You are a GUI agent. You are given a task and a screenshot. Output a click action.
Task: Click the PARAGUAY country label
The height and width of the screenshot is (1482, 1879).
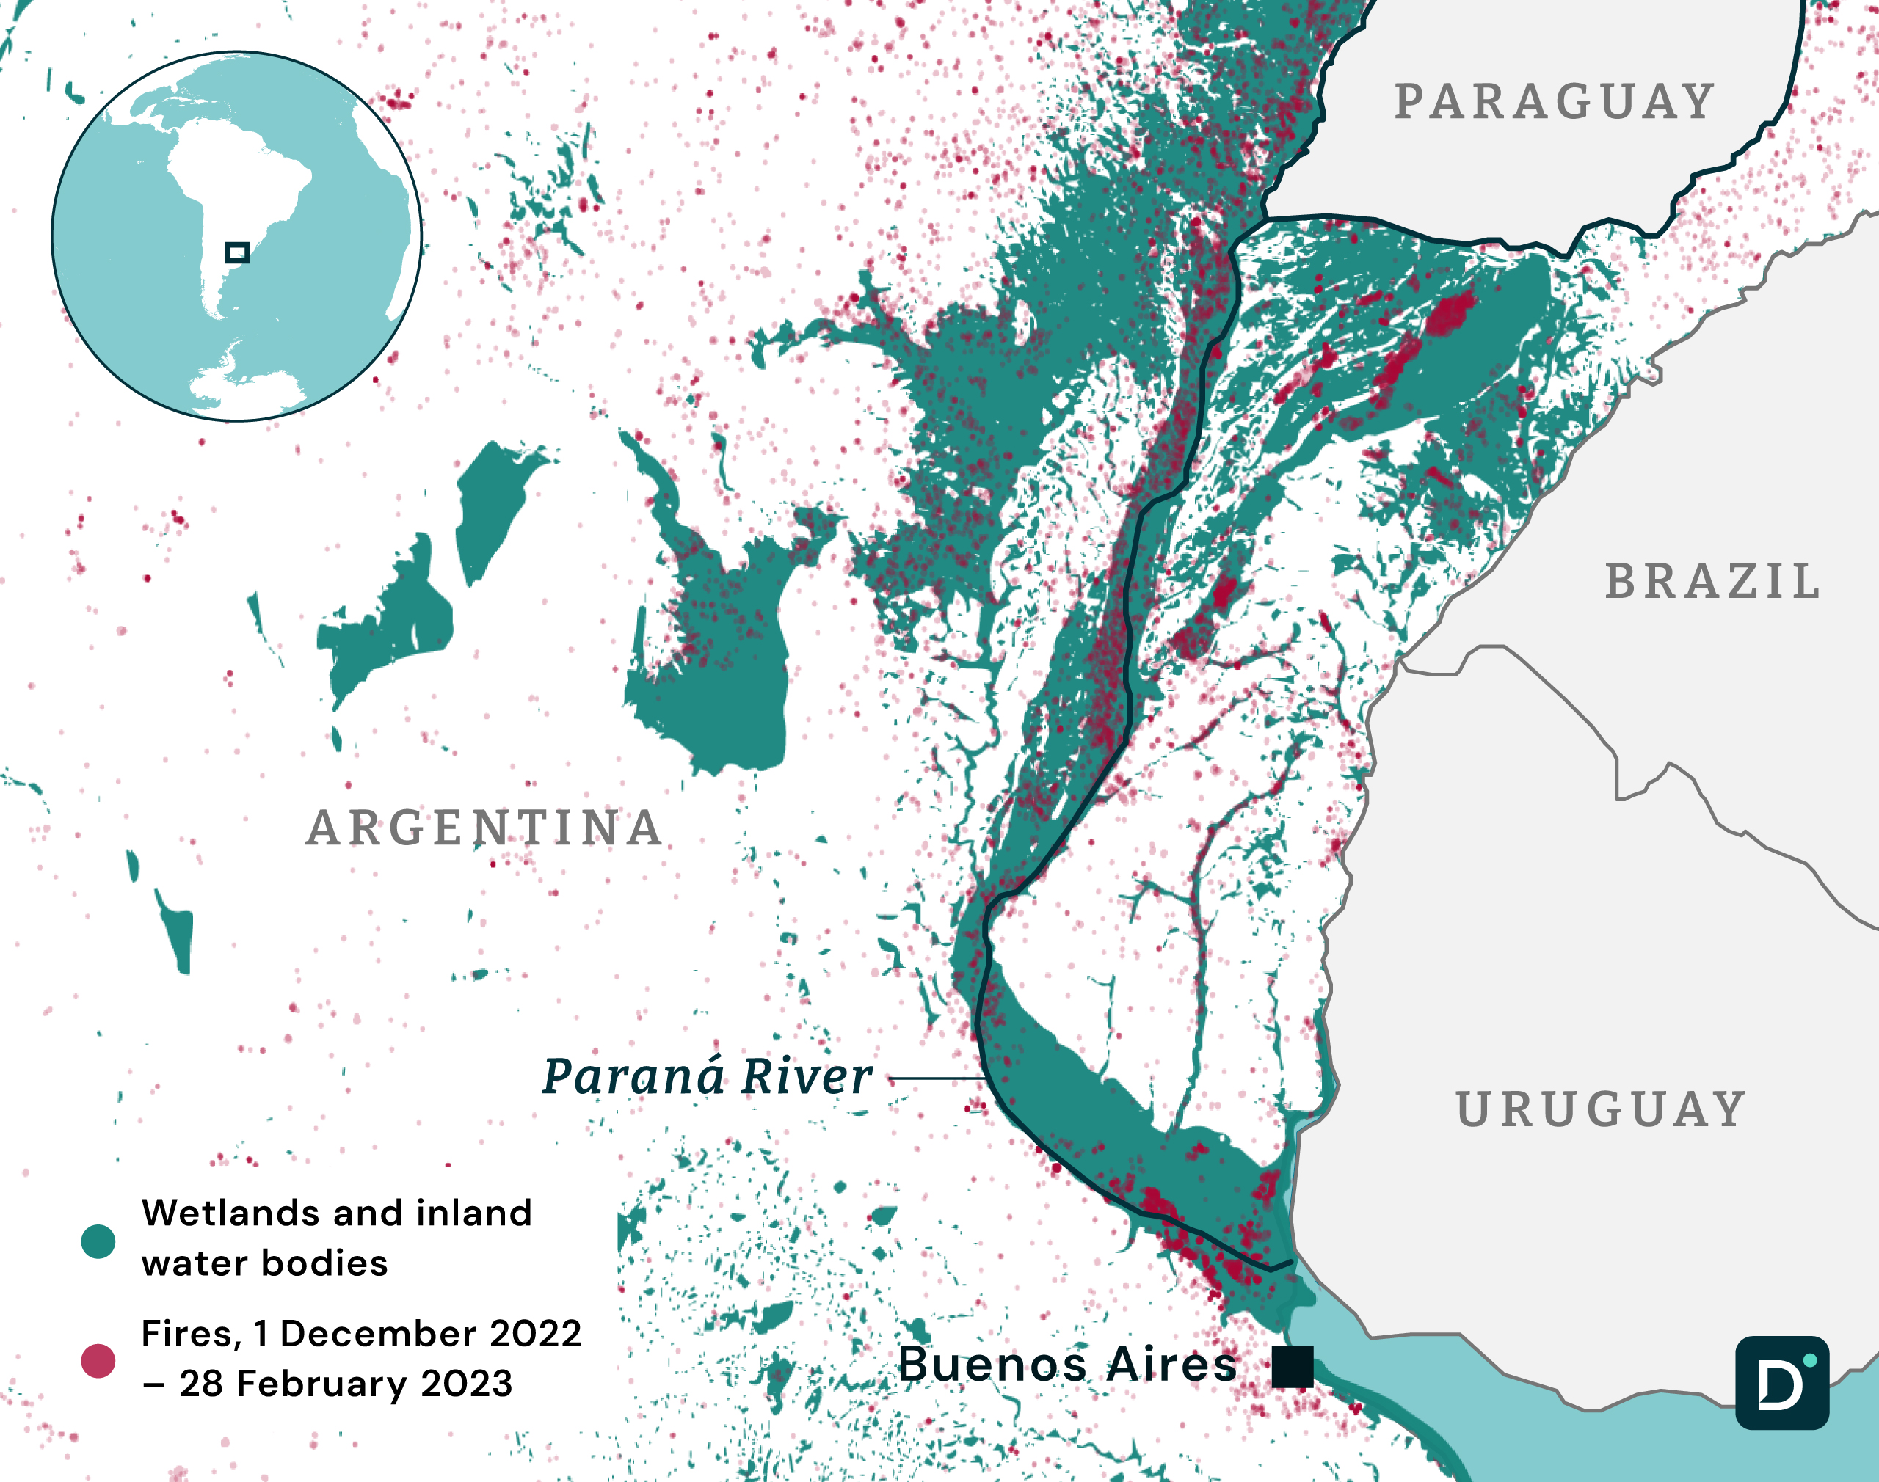click(x=1554, y=103)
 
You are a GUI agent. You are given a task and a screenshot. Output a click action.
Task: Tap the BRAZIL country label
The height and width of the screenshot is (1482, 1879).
click(x=1712, y=581)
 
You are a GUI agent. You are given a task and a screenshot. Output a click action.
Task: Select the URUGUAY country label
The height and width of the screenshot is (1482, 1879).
click(x=1602, y=1110)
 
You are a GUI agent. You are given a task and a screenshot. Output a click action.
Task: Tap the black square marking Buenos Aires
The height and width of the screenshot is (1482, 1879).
click(x=1293, y=1368)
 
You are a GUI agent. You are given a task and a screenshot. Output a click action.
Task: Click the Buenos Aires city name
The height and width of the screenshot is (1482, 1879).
click(x=1067, y=1364)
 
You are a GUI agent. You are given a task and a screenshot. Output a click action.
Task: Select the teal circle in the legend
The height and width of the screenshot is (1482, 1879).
click(x=98, y=1241)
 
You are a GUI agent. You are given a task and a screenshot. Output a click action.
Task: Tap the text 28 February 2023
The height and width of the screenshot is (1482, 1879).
click(x=346, y=1384)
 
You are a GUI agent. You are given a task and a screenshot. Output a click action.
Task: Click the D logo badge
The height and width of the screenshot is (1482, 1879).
click(x=1782, y=1383)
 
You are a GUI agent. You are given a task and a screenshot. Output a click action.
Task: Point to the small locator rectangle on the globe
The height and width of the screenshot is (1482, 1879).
click(x=237, y=252)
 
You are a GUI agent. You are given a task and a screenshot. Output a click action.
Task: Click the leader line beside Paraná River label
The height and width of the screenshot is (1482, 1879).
click(x=937, y=1078)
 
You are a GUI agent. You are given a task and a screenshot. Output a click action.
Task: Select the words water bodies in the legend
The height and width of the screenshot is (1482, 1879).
click(x=265, y=1263)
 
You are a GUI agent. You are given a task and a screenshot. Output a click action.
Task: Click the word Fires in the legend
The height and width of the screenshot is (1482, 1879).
click(x=189, y=1334)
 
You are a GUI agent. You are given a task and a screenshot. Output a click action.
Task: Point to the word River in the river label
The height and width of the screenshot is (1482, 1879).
click(x=806, y=1077)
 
